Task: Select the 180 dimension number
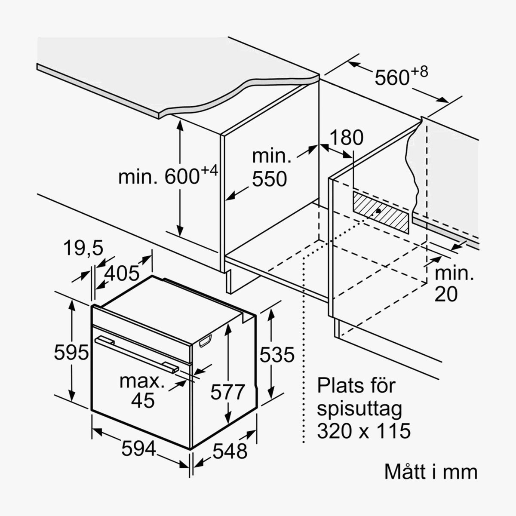point(347,138)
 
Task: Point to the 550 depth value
point(269,179)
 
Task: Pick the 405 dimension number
point(122,273)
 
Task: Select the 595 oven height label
point(71,352)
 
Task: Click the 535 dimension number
point(277,354)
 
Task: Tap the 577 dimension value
point(227,392)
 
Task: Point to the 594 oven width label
point(139,448)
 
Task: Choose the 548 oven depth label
point(230,451)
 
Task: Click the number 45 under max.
point(143,400)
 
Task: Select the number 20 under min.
point(446,295)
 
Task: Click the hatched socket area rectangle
point(381,212)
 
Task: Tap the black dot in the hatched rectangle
point(378,211)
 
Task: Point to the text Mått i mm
point(431,479)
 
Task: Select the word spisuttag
point(359,410)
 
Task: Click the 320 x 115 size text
point(364,431)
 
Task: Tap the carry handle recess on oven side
point(205,341)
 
